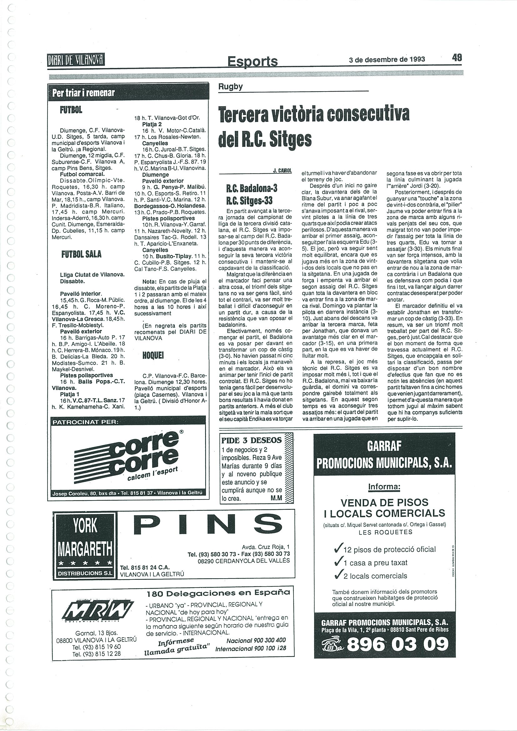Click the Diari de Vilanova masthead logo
tap(76, 60)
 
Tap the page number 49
tap(456, 57)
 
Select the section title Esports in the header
tap(252, 61)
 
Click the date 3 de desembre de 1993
tap(387, 59)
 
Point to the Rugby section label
tap(231, 87)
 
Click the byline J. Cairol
tap(282, 171)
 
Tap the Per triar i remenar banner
tap(83, 93)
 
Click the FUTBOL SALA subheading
tap(81, 254)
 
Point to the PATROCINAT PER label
tap(85, 422)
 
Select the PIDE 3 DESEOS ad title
tap(251, 440)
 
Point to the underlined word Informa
tap(384, 487)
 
